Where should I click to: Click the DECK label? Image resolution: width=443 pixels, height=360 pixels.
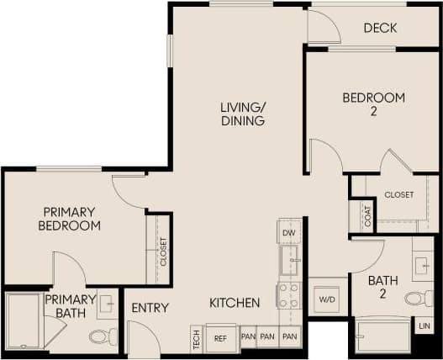pos(380,29)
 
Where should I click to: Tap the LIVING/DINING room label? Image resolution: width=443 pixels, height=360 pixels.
pos(243,114)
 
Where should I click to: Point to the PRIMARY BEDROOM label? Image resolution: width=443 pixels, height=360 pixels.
pos(70,219)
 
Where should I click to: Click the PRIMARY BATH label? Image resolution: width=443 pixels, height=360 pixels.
pos(71,306)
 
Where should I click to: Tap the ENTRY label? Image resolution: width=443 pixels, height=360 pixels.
pos(150,308)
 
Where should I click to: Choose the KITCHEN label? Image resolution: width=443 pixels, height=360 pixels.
pos(235,303)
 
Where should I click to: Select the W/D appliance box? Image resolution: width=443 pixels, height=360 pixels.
pos(326,299)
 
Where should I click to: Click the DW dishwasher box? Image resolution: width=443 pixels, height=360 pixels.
pos(288,233)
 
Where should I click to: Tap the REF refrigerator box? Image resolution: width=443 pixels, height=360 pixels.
pos(221,338)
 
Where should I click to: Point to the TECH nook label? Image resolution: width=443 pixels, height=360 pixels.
pos(196,338)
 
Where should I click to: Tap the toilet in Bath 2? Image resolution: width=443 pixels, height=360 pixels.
pos(418,298)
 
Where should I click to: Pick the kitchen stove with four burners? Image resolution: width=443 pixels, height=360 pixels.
pos(288,295)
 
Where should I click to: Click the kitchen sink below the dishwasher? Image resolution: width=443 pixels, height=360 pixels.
pos(288,260)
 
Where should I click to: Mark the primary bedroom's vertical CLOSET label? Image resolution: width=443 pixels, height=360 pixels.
pos(163,250)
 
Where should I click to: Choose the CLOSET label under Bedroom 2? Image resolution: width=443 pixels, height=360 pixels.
pos(399,194)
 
